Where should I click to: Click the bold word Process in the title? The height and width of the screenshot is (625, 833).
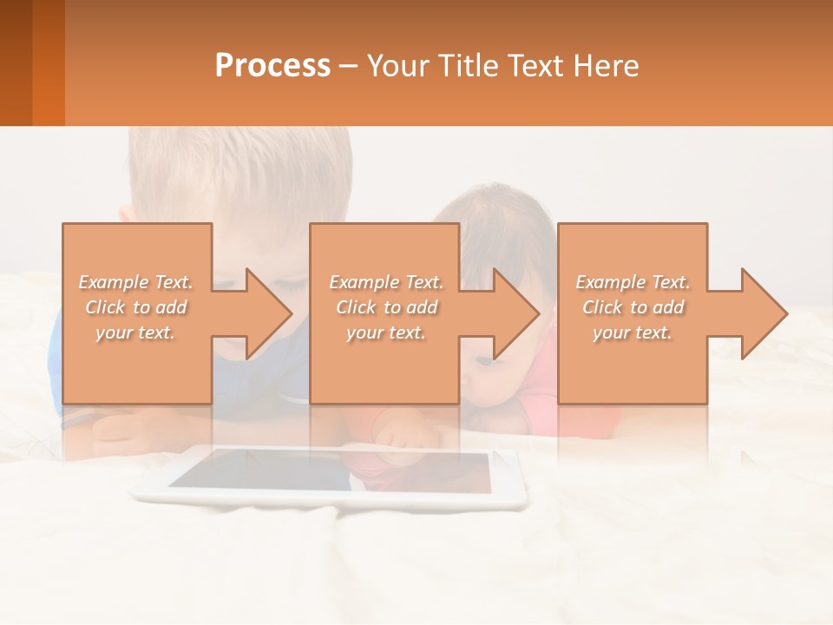point(272,66)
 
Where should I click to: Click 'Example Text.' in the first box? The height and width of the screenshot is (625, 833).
point(136,282)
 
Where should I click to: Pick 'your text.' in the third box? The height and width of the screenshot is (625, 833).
point(633,332)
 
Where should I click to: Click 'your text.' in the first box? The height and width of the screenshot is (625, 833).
point(136,332)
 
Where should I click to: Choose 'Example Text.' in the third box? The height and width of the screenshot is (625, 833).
point(633,282)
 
